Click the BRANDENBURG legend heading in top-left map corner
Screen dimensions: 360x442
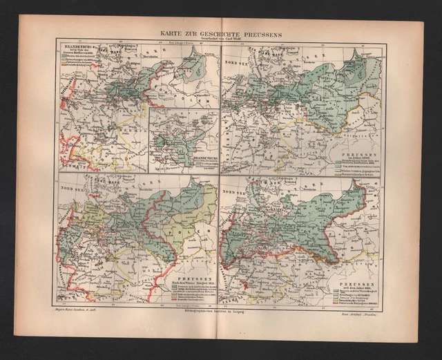(x=77, y=47)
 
